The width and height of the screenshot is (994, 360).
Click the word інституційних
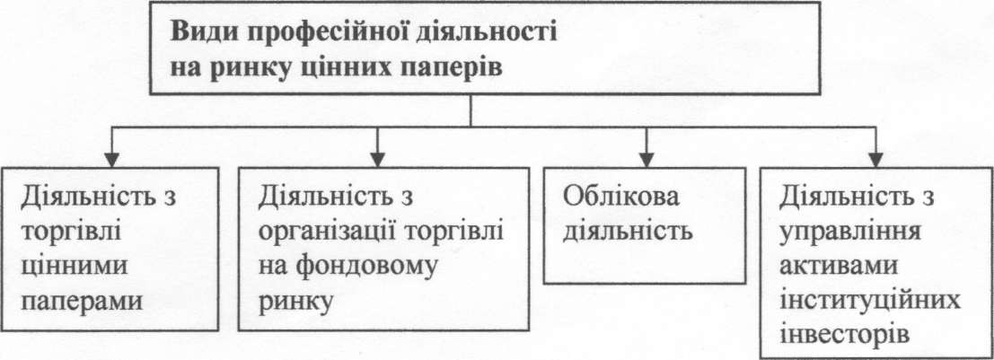tap(852, 300)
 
